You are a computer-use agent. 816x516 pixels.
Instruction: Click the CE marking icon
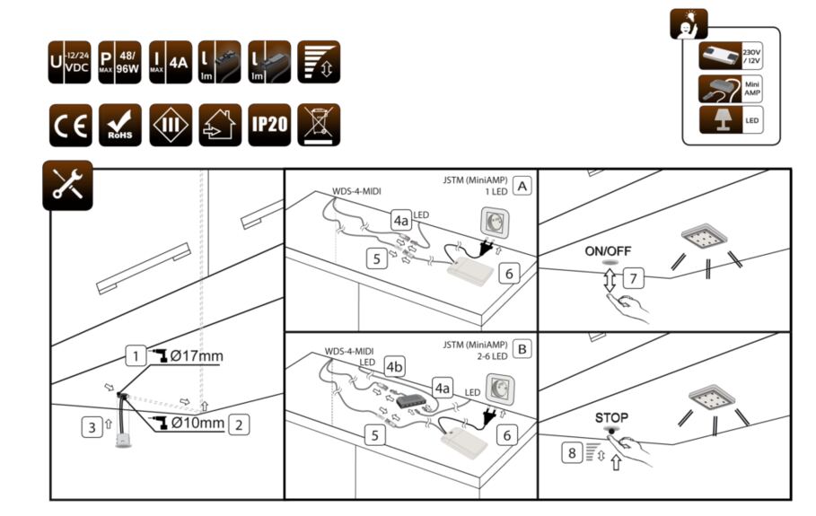pos(69,125)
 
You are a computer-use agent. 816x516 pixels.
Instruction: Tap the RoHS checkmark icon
pos(118,125)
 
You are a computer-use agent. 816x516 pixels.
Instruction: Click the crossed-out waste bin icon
pos(319,125)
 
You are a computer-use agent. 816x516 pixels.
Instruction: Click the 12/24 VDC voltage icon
pos(69,62)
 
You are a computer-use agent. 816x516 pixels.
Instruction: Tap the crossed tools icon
pos(68,185)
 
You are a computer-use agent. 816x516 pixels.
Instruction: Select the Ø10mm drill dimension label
pos(197,423)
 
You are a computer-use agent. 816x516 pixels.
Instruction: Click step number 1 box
pos(134,356)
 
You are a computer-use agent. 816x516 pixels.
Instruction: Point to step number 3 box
pos(91,427)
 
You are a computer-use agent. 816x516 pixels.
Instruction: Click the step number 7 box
pos(634,278)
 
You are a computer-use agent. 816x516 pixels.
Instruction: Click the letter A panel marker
pos(522,186)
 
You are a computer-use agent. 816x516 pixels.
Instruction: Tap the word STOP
pos(611,417)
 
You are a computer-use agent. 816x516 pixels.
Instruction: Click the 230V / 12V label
pos(751,57)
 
